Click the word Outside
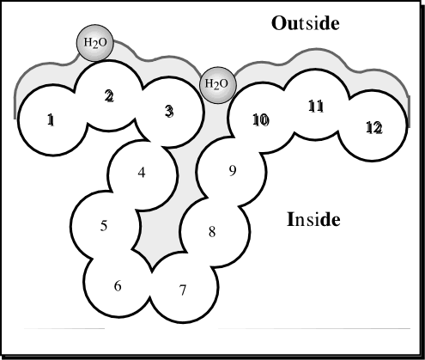(x=306, y=23)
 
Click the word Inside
(x=313, y=219)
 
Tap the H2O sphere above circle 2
(x=95, y=43)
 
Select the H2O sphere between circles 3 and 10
(x=218, y=85)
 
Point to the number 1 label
(x=51, y=119)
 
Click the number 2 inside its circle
(x=109, y=96)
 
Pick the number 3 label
(x=169, y=111)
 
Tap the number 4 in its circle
(x=142, y=173)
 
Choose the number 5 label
(x=104, y=226)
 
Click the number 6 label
(x=118, y=286)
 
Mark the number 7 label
(x=183, y=290)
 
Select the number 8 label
(x=212, y=232)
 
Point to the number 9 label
(x=233, y=171)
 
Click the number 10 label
(x=261, y=119)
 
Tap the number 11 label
(x=316, y=107)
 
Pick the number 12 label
(x=374, y=128)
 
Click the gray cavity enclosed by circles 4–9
(x=161, y=229)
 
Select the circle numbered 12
(x=372, y=125)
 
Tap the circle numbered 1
(x=53, y=120)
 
